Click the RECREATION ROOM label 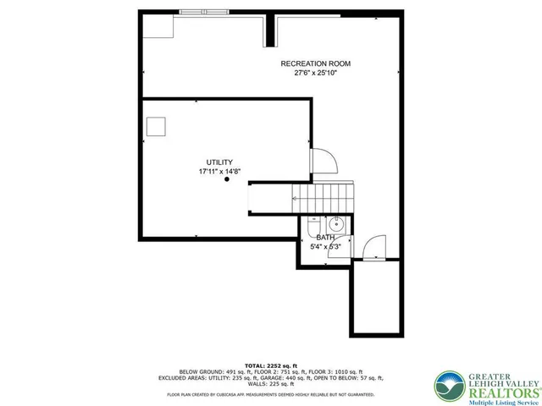pos(316,63)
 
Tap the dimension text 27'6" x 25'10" pos(316,73)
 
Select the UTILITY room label pos(219,162)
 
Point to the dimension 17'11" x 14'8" pos(219,171)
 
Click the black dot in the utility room pos(227,179)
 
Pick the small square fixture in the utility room pos(156,127)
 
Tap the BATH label pos(325,239)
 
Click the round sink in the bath pos(336,224)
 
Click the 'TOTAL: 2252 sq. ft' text pos(270,364)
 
